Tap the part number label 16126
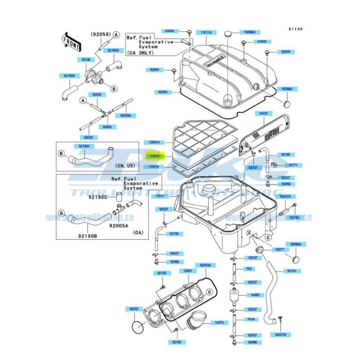(x=85, y=59)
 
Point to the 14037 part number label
(x=262, y=114)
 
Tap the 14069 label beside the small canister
(x=254, y=296)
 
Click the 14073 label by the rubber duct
(x=219, y=323)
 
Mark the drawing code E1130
(x=296, y=29)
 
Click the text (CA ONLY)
(x=140, y=53)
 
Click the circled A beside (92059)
(x=116, y=34)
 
